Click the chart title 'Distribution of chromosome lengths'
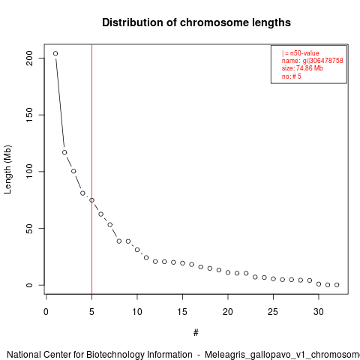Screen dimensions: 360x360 pos(196,22)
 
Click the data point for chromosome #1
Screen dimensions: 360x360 pos(55,53)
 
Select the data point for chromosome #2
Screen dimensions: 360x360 pos(64,152)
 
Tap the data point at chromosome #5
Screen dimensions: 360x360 pos(91,200)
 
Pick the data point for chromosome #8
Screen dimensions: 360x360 pos(119,241)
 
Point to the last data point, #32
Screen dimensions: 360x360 pos(337,285)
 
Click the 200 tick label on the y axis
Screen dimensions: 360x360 pos(29,58)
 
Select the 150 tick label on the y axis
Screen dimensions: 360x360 pos(29,115)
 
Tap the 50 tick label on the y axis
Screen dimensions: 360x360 pos(29,229)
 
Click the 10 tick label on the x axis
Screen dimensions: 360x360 pos(137,312)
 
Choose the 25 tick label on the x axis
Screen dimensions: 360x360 pos(273,312)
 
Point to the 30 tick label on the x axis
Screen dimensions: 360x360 pos(319,312)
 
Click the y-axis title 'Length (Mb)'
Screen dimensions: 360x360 pos(7,169)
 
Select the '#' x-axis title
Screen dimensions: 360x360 pos(196,333)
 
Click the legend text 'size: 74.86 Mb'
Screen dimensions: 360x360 pos(302,68)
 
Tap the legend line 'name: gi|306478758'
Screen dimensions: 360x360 pos(313,61)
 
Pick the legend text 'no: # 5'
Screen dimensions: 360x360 pos(292,76)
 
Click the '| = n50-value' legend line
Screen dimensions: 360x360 pos(301,53)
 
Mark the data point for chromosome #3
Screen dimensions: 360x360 pos(73,171)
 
